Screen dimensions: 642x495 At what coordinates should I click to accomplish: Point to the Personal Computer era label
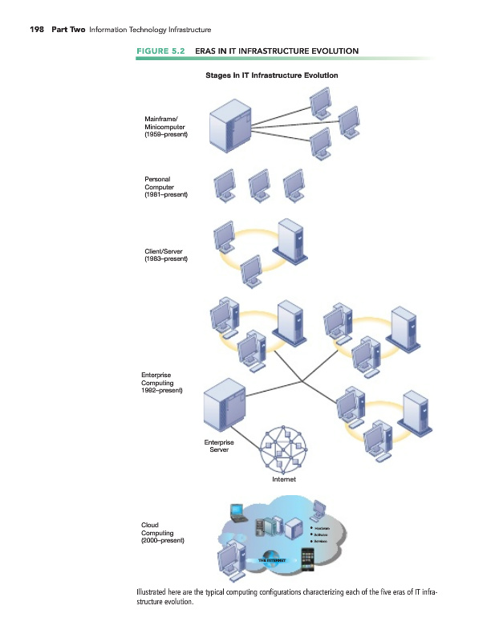[x=165, y=187]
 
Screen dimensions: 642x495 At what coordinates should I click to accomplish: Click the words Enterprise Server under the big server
[x=219, y=445]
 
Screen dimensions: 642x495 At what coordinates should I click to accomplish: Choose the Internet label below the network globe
[x=283, y=479]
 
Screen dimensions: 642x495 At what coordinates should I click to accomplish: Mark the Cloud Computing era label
[x=163, y=533]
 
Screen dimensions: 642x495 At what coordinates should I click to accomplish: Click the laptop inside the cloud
[x=238, y=511]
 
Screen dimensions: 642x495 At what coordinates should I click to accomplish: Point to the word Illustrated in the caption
[x=157, y=595]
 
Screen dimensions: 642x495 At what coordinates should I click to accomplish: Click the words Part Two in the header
[x=69, y=30]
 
